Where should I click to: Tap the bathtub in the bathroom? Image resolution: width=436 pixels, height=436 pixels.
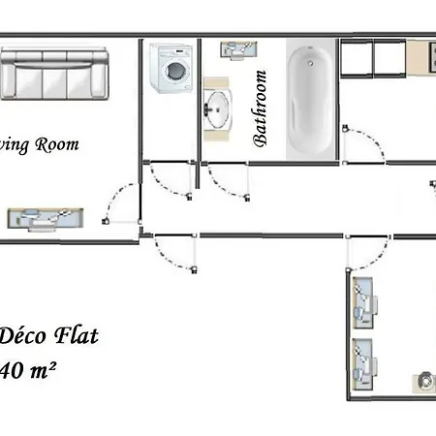(309, 97)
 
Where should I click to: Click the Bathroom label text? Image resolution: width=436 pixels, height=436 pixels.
(260, 108)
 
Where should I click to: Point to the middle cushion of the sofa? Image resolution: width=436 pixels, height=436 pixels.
(54, 75)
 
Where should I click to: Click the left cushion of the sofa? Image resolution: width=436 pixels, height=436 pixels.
(19, 75)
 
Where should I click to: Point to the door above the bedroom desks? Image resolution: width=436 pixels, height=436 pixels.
(363, 254)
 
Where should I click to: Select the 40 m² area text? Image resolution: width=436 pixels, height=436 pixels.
(25, 369)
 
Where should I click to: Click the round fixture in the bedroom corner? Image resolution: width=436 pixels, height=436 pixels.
(424, 383)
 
